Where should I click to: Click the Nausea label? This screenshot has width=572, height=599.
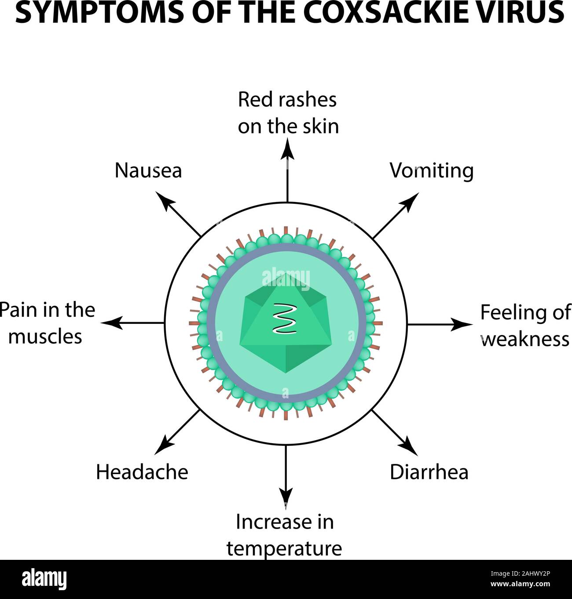point(148,170)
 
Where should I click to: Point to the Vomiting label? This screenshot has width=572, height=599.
point(431,171)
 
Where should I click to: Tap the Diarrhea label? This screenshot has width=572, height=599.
point(429,472)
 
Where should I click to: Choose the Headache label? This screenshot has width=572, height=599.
point(142,472)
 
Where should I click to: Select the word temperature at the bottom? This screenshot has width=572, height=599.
point(284,548)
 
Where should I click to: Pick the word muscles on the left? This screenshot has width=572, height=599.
point(45,337)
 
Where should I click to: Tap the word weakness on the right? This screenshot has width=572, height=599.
point(525,339)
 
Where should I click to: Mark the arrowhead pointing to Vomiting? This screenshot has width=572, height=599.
point(412,199)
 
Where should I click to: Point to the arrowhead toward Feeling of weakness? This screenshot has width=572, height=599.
point(464,324)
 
